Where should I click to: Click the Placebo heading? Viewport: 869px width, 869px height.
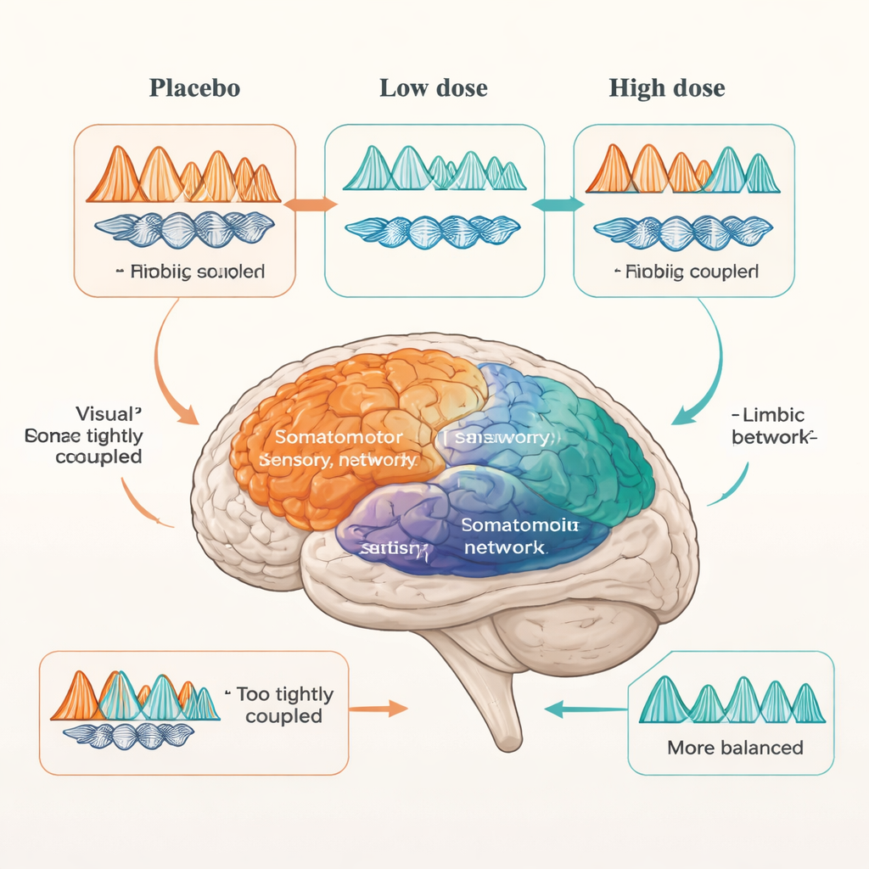coord(193,88)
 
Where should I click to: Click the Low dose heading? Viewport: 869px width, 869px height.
coord(433,88)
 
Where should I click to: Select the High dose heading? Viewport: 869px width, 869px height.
coord(667,88)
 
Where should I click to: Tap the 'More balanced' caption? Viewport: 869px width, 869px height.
coord(735,748)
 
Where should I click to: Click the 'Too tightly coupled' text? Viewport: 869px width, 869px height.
coord(284,705)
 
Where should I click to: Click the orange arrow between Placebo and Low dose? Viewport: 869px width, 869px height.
coord(310,204)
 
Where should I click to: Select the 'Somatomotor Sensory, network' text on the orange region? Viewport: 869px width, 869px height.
coord(339,448)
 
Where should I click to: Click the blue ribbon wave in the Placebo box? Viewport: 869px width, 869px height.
coord(184,227)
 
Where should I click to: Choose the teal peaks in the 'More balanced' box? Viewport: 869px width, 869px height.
coord(732,701)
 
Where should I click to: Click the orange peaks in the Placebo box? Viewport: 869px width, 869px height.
coord(183,176)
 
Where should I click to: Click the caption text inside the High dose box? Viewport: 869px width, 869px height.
coord(686,272)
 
